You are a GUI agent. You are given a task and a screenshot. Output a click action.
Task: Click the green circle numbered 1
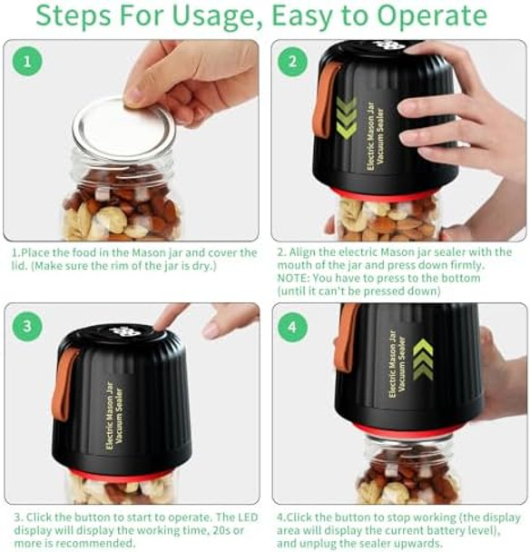pyautogui.click(x=27, y=62)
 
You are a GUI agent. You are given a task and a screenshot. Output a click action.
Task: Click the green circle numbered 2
pyautogui.click(x=292, y=62)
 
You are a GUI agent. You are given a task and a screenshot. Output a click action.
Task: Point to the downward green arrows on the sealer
pyautogui.click(x=347, y=118)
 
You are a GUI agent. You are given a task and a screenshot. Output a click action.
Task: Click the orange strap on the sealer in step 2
pyautogui.click(x=324, y=100)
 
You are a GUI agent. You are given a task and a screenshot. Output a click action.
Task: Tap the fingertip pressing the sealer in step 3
pyautogui.click(x=163, y=317)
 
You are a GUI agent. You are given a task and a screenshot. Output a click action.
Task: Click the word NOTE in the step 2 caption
pyautogui.click(x=296, y=279)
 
